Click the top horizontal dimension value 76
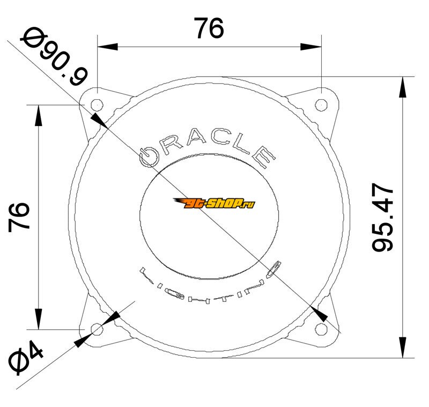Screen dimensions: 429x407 click(x=209, y=28)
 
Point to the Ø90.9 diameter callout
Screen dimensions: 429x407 click(x=54, y=56)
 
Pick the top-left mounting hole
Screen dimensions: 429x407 click(x=97, y=105)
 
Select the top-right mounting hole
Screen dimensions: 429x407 click(x=321, y=105)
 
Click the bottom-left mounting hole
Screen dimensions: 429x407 click(x=97, y=329)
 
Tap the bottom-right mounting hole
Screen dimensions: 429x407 click(x=321, y=329)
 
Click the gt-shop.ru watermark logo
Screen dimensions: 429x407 click(x=213, y=203)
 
